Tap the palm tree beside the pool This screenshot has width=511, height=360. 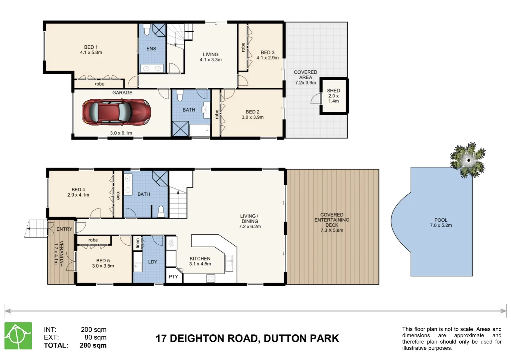[x=468, y=160]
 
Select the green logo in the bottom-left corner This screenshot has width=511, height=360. [x=18, y=336]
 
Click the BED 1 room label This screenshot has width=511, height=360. [x=91, y=47]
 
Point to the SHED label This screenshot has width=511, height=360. [x=333, y=91]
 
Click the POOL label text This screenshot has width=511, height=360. [x=441, y=220]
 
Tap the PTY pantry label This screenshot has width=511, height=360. [x=173, y=277]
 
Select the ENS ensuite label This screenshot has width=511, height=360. [x=151, y=49]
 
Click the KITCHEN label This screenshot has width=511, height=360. [x=200, y=259]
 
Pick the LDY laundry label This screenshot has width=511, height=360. [x=152, y=262]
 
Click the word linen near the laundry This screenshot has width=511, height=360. [x=137, y=243]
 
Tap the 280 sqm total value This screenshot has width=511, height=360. [x=93, y=345]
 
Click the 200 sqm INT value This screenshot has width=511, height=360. [x=93, y=330]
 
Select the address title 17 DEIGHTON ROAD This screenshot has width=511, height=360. [x=247, y=339]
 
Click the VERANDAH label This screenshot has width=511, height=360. [x=61, y=253]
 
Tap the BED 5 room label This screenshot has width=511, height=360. [x=103, y=261]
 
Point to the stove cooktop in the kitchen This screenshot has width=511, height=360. [x=211, y=278]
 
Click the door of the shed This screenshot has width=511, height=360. [x=315, y=99]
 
